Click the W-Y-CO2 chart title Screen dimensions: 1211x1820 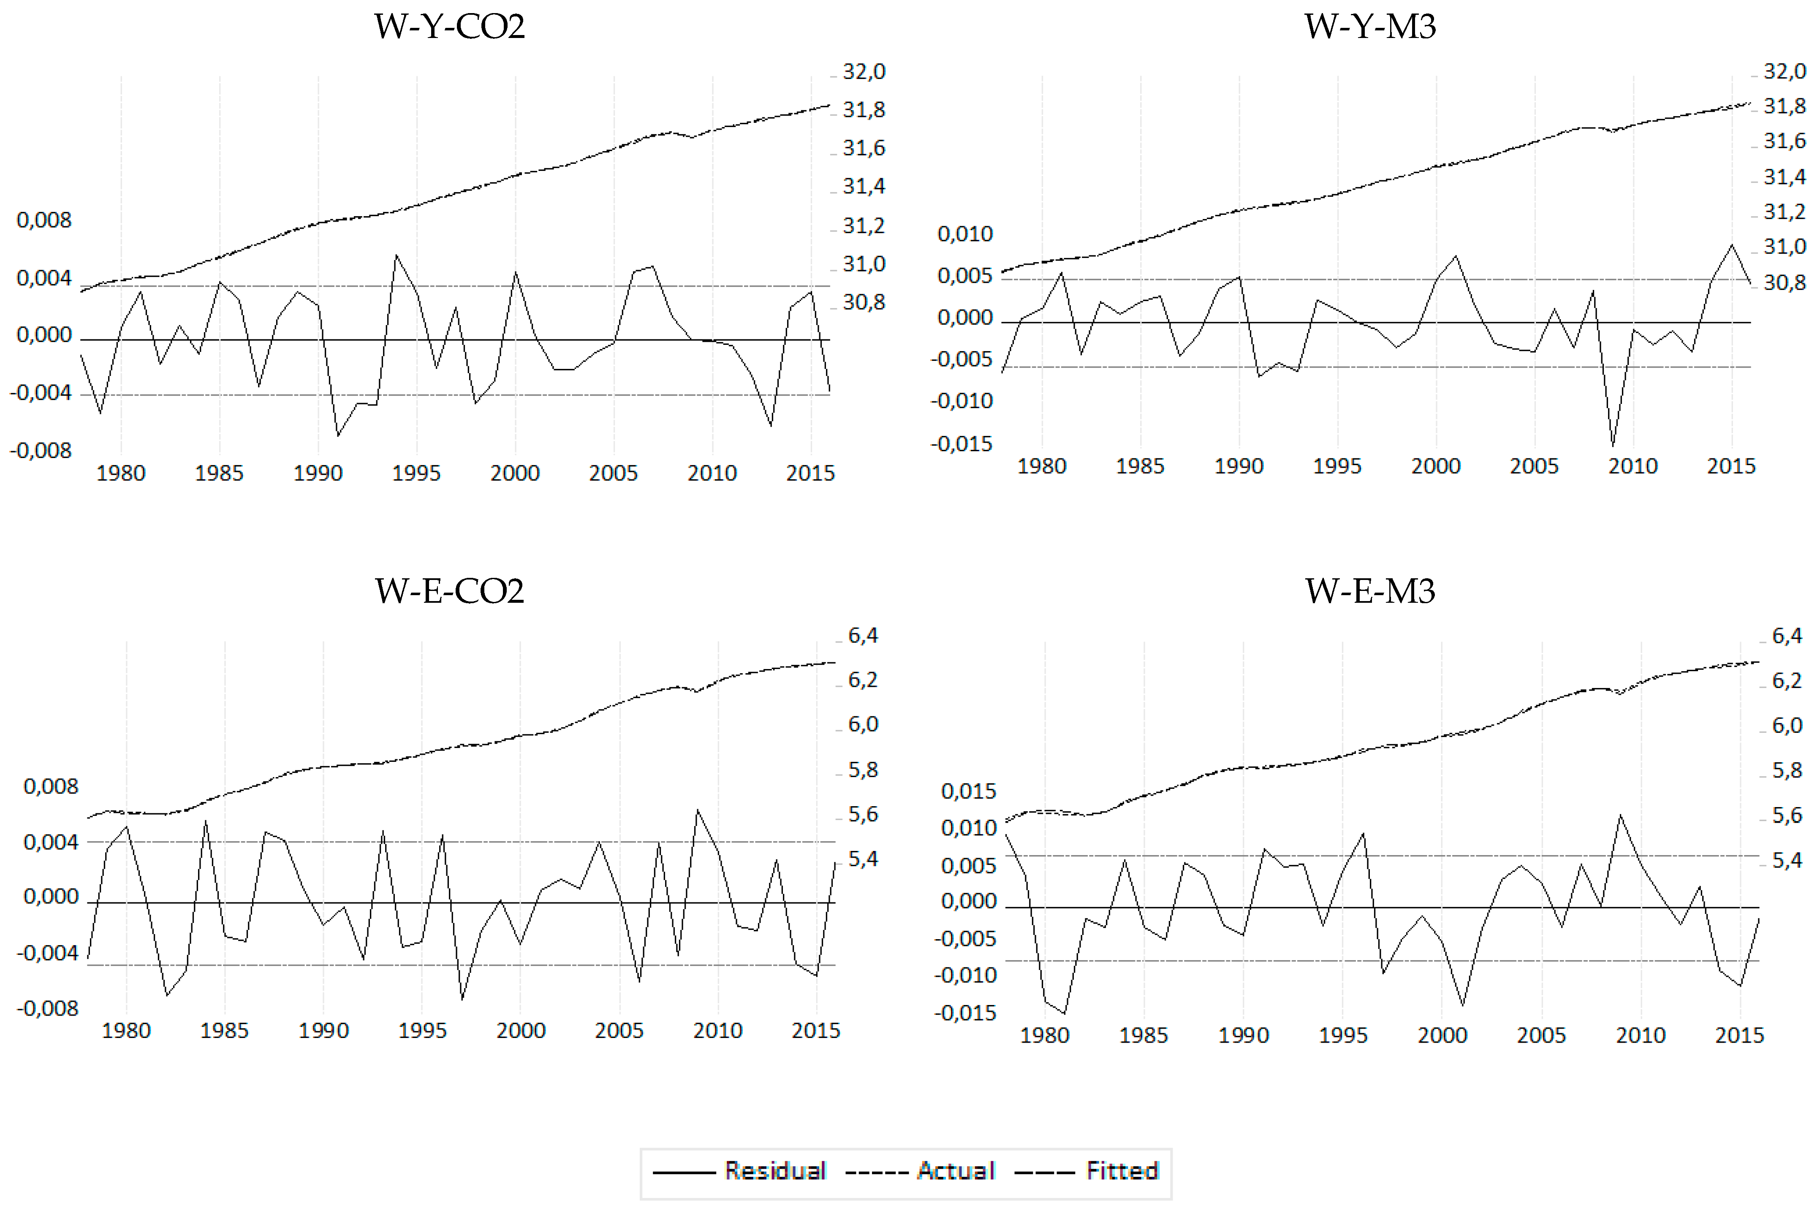pos(450,27)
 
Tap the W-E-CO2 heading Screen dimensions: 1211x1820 pos(450,592)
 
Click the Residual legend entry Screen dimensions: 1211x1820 pos(775,1171)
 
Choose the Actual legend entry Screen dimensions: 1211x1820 pos(956,1171)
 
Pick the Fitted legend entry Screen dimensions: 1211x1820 pos(1122,1171)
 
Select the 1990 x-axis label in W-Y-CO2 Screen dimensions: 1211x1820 pos(318,473)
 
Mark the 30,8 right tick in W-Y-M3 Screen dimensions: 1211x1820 pos(1785,283)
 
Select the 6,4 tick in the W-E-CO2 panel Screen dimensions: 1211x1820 pos(863,636)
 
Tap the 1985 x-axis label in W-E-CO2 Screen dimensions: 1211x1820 pos(224,1030)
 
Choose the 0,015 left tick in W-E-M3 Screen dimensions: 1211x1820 pos(968,791)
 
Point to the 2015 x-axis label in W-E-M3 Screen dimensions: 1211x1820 pos(1739,1035)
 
